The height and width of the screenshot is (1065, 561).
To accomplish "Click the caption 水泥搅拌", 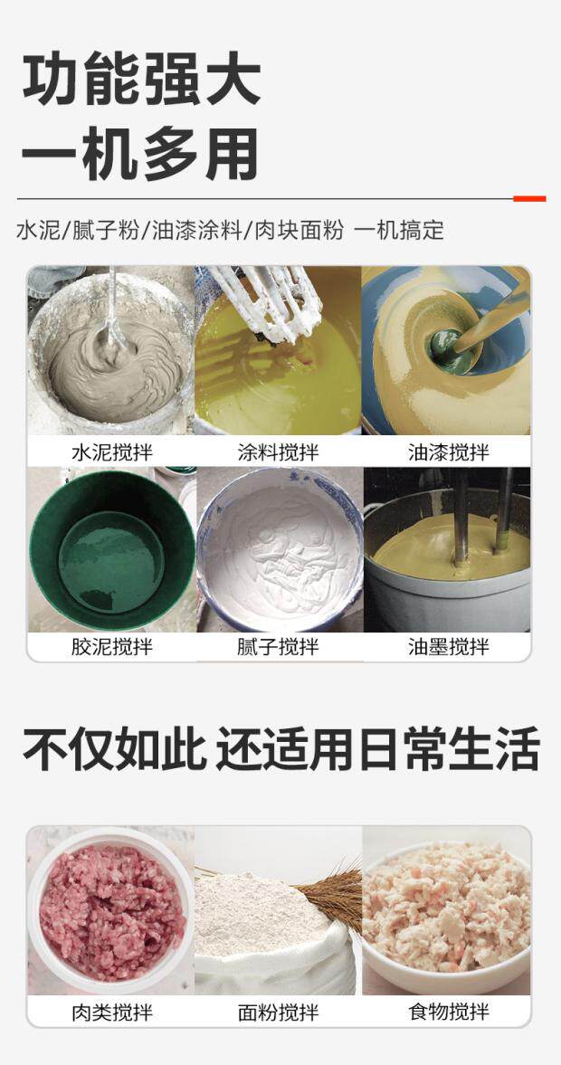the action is point(112,452).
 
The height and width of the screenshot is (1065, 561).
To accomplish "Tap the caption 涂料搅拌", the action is point(279,452).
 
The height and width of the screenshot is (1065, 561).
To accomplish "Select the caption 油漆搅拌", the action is point(448,452).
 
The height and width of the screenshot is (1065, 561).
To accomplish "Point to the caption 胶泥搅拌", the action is point(112,647).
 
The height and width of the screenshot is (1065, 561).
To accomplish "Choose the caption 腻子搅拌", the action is point(279,647).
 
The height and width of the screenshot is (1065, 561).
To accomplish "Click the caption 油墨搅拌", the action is point(448,647).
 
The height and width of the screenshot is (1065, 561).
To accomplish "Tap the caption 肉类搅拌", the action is point(112,1013).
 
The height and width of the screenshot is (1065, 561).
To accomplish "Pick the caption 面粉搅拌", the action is point(279,1013).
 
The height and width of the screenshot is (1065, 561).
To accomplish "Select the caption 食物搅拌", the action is point(448,1013).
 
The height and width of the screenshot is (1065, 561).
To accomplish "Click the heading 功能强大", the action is point(141,79).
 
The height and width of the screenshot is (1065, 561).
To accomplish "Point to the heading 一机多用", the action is point(140,154).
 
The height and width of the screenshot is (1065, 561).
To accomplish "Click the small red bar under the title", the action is point(529,199).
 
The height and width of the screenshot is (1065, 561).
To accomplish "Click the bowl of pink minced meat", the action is point(110,911).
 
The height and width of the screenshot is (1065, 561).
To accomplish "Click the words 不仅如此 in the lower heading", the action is point(114,748).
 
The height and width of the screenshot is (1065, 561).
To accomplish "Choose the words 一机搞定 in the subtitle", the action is point(399,230).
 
